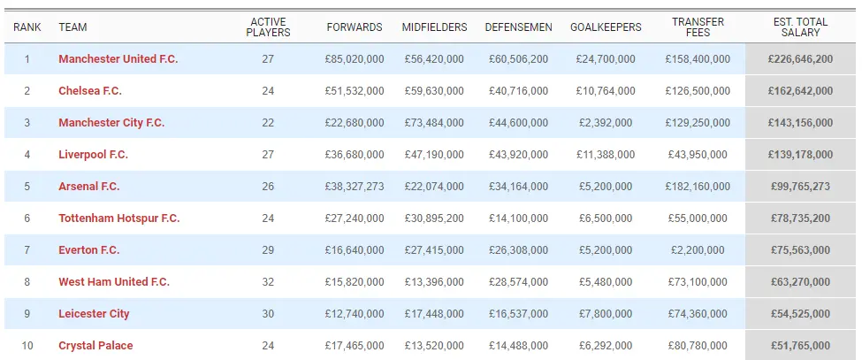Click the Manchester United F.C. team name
118,59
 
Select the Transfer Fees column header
698,27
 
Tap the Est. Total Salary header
801,27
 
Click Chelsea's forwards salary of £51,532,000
355,91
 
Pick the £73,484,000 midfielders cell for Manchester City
433,123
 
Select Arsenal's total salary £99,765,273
800,187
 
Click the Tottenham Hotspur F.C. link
118,218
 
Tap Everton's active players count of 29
268,250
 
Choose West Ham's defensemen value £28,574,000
518,282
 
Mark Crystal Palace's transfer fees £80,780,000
698,346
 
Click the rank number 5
27,187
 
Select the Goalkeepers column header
606,27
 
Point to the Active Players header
268,27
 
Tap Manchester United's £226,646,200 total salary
800,59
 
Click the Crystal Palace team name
95,346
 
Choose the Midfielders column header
434,27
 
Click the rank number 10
27,346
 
